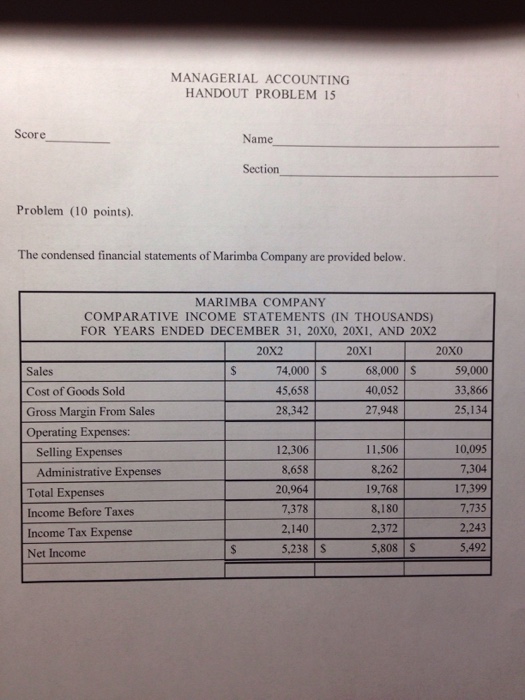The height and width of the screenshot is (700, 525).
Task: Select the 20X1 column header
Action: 358,352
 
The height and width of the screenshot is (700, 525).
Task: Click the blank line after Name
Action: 390,146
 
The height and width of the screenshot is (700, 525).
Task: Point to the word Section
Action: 261,170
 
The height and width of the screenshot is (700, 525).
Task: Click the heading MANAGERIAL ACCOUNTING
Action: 260,78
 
